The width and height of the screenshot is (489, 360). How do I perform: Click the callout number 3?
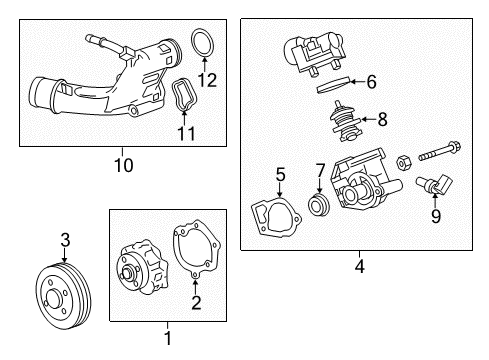[x=65, y=239]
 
